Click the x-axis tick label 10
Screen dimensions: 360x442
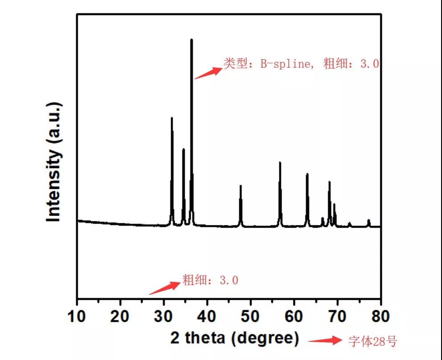pos(77,316)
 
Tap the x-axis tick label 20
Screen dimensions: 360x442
pos(120,316)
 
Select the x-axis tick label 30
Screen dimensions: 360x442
pos(164,316)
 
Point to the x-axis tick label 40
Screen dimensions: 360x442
pos(207,316)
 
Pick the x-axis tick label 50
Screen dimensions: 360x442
pos(250,316)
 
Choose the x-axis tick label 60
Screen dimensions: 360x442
pos(294,316)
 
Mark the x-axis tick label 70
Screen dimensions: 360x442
pos(337,316)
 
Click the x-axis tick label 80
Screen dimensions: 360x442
pos(380,316)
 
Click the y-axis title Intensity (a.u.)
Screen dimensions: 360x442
pos(54,161)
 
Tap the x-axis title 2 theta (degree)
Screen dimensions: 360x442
pos(235,339)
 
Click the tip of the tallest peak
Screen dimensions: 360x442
pos(192,40)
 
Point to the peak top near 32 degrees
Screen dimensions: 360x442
pos(172,118)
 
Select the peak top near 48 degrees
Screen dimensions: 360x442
pos(241,186)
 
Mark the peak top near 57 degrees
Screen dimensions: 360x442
pos(280,163)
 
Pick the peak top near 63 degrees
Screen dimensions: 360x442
pos(307,174)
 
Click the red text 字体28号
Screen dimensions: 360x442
pos(372,342)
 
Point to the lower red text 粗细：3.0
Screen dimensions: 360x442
pos(210,280)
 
